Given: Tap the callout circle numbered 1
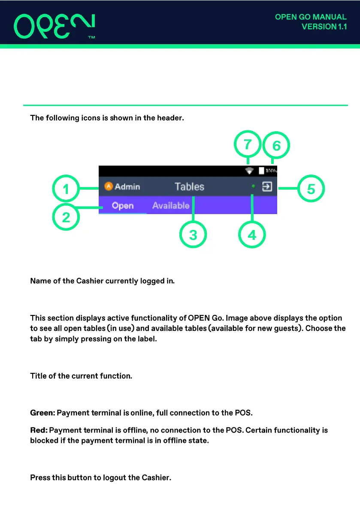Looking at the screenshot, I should [66, 189].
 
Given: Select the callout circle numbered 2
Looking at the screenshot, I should [66, 218].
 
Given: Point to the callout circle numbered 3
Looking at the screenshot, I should [194, 235].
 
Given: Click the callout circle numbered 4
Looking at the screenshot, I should [252, 235].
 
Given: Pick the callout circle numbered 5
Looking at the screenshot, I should [311, 189].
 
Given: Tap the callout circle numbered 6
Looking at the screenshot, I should [276, 146].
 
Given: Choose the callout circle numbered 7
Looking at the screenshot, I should [248, 145].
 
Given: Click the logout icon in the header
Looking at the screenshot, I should [267, 187].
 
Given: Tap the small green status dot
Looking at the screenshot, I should [253, 186].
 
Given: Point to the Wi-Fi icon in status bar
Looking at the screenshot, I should [249, 170].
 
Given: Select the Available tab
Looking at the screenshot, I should [171, 206].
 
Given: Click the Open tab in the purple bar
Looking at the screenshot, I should [123, 206].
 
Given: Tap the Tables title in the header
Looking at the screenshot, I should [189, 187].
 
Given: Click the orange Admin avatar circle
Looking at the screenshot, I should [109, 186].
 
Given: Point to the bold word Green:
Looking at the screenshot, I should [42, 413].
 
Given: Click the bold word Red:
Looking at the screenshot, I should [39, 430].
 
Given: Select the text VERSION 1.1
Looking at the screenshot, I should [324, 27].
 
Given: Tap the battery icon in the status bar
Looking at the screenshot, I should [261, 170].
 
